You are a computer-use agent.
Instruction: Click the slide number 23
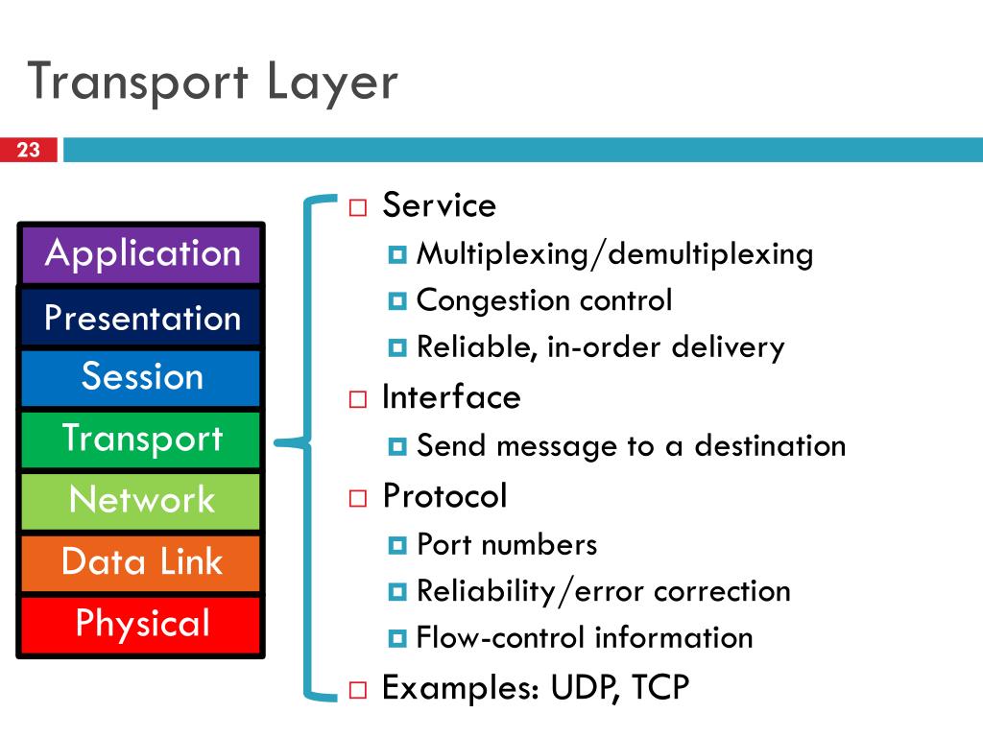28,150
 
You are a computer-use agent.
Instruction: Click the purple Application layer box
141,254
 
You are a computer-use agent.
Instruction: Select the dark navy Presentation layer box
141,317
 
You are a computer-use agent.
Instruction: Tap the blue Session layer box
141,378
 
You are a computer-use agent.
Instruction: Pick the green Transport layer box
141,440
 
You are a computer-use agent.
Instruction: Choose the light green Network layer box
141,501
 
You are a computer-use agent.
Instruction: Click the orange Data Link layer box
141,562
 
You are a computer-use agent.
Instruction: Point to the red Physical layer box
141,625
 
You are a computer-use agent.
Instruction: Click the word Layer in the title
332,83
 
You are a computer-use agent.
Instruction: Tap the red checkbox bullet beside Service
358,207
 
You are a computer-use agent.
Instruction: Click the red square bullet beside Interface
358,399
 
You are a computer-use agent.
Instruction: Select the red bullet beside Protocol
358,498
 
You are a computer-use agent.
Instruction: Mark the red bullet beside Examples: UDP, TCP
358,690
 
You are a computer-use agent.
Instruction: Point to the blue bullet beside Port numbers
397,545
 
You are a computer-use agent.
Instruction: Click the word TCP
660,687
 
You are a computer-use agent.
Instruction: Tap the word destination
770,445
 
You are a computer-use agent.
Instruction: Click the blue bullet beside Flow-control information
397,638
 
